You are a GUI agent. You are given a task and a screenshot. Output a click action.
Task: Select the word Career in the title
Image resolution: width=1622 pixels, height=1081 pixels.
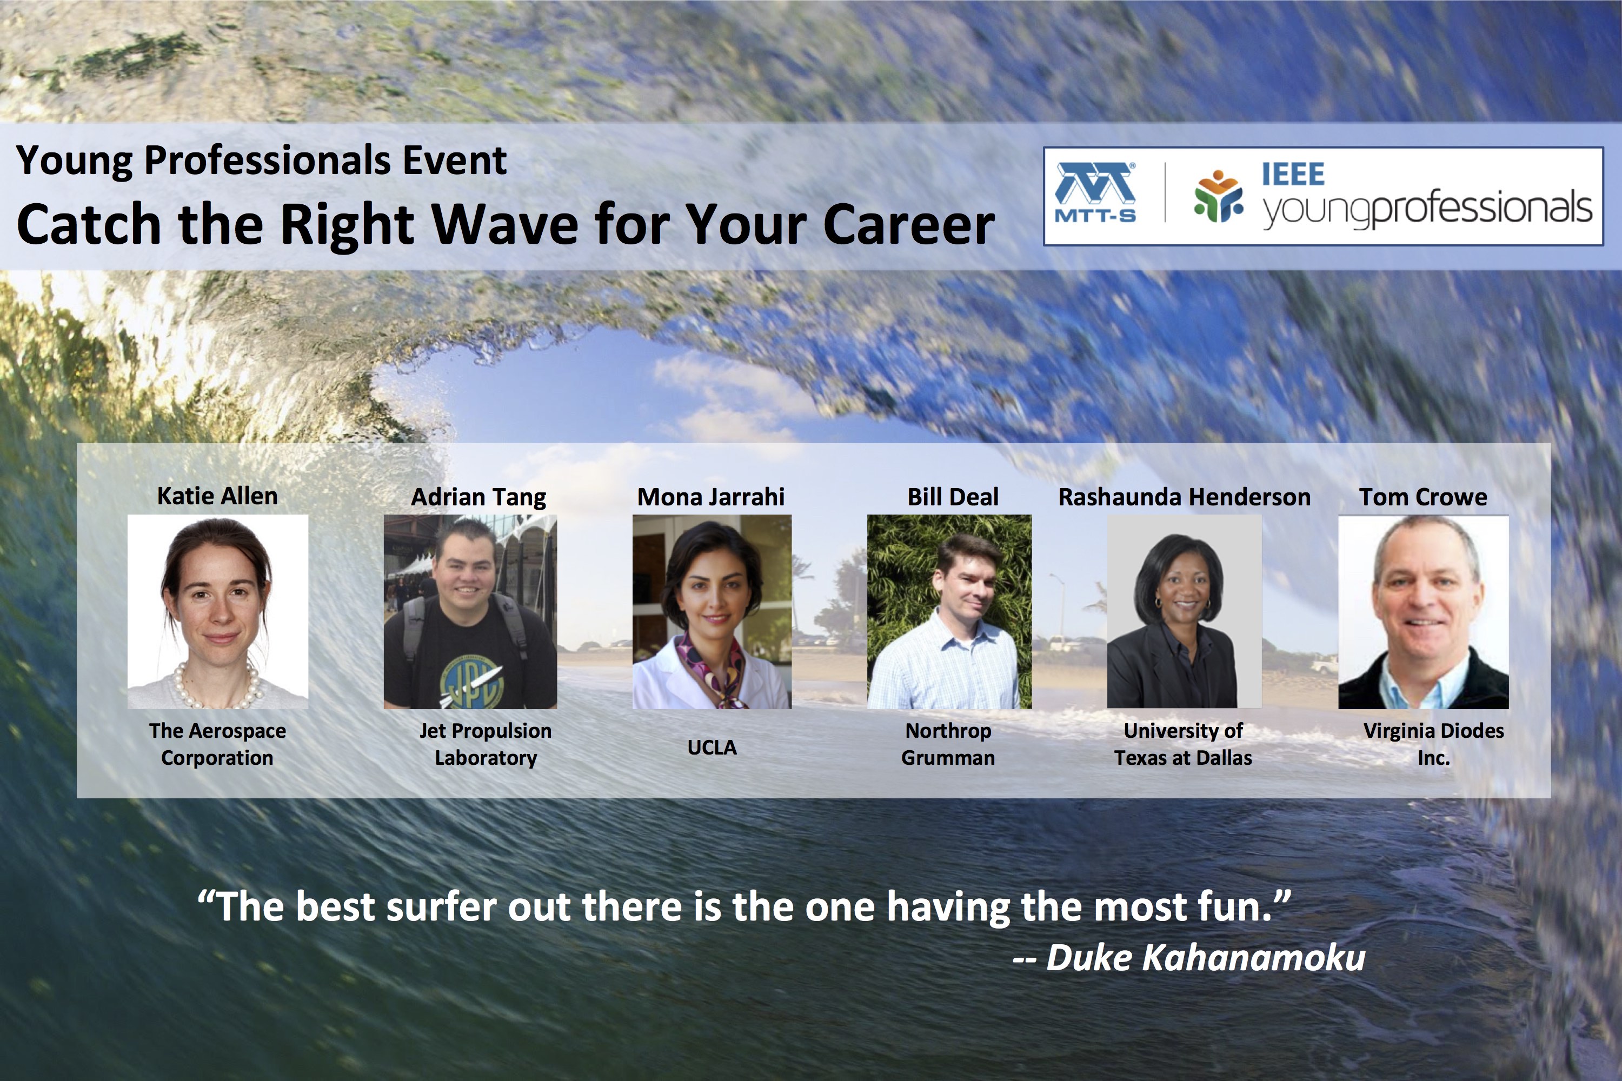(908, 225)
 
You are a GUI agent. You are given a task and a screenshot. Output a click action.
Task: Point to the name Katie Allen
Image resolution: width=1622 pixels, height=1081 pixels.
(217, 496)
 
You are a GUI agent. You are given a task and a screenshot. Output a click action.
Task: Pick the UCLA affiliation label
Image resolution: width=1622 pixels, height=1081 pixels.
(712, 748)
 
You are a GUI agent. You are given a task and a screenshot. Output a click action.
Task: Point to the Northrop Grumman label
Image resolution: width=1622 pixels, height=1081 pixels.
(948, 744)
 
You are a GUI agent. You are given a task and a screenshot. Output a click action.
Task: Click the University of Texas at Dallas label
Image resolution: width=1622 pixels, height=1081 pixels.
(1184, 744)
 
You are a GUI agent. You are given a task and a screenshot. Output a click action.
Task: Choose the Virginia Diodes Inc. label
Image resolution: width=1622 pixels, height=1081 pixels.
(1434, 744)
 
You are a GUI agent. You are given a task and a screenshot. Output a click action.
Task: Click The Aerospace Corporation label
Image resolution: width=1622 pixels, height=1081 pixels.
(217, 744)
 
